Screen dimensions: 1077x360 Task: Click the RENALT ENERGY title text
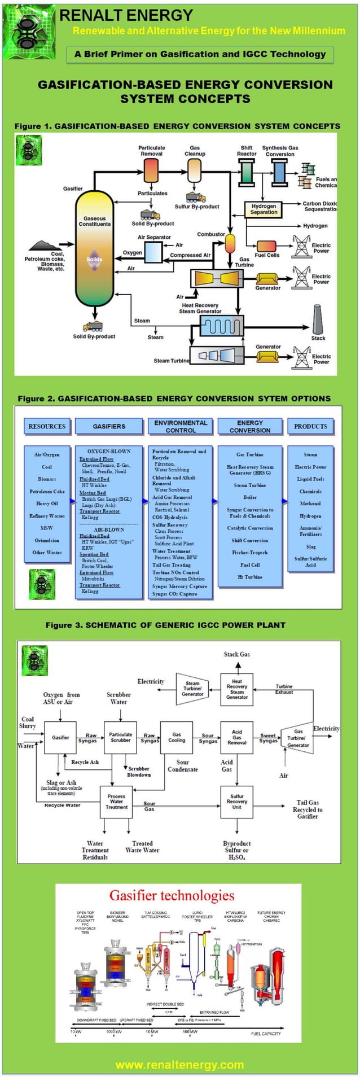(x=126, y=15)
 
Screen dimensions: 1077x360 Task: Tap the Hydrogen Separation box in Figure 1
(x=264, y=209)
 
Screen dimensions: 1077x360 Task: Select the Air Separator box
(x=153, y=252)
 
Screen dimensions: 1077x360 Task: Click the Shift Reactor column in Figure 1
(x=247, y=172)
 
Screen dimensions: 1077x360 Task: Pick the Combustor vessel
(x=230, y=243)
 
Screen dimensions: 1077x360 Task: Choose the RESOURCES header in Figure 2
(x=47, y=427)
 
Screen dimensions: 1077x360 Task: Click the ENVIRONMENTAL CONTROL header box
(x=181, y=426)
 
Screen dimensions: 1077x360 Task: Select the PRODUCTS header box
(x=310, y=427)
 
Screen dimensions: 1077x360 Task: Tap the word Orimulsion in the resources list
(x=47, y=540)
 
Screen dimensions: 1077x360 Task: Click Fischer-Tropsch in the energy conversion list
(x=249, y=553)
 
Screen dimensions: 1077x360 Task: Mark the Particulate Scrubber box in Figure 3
(x=120, y=737)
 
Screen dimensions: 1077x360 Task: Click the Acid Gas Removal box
(x=237, y=737)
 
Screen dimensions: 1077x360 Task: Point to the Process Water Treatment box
(x=116, y=802)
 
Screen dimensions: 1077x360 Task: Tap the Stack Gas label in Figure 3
(x=236, y=654)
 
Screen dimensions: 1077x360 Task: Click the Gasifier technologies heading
(x=172, y=895)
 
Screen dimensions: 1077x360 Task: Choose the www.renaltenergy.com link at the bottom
(x=179, y=1065)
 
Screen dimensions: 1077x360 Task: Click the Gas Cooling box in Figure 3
(x=177, y=737)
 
